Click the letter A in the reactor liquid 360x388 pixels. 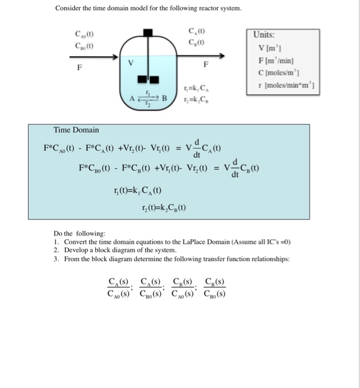point(132,98)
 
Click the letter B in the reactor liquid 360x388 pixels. point(164,98)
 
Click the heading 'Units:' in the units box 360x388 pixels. point(265,34)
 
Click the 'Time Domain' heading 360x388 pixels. point(76,130)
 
